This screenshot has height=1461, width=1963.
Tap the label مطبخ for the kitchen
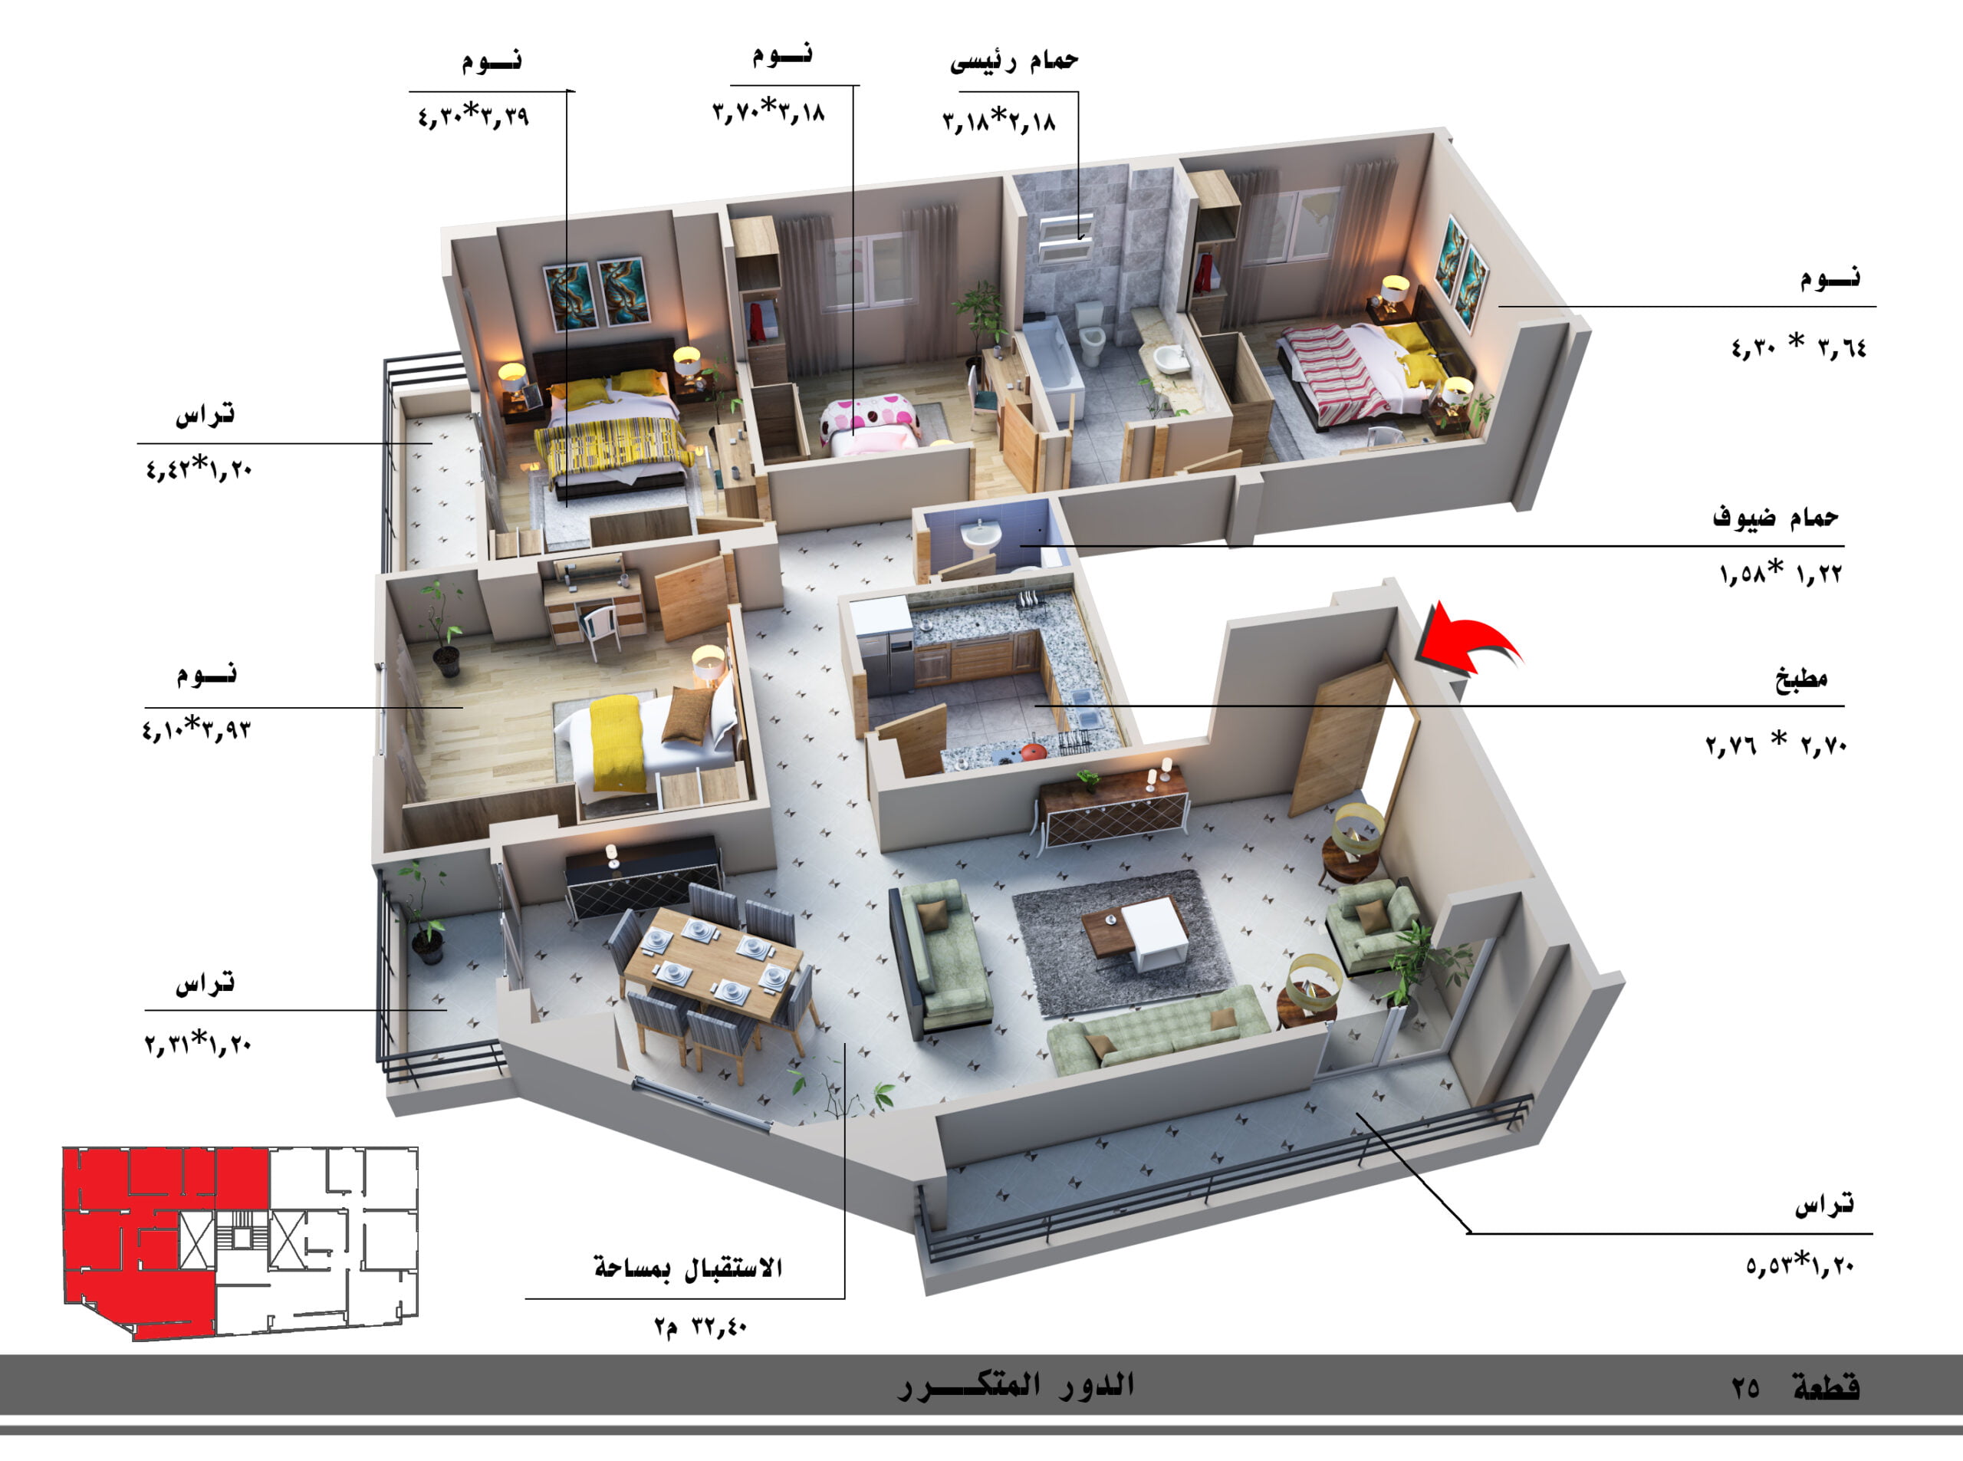pos(1801,678)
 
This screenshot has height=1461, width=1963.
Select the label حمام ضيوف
pos(1776,516)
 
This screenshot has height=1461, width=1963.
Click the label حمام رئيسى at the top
pos(1014,60)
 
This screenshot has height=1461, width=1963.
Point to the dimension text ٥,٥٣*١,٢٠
pos(1800,1265)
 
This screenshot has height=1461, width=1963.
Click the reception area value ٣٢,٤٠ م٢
pos(700,1327)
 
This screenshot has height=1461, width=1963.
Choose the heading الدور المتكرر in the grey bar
pos(1016,1385)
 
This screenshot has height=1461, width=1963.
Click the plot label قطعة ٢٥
pos(1795,1387)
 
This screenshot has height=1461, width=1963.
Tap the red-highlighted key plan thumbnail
pos(240,1242)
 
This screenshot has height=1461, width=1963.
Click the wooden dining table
pos(712,964)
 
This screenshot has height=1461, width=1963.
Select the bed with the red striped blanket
pos(1362,371)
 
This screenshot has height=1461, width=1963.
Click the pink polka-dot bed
pos(871,426)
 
